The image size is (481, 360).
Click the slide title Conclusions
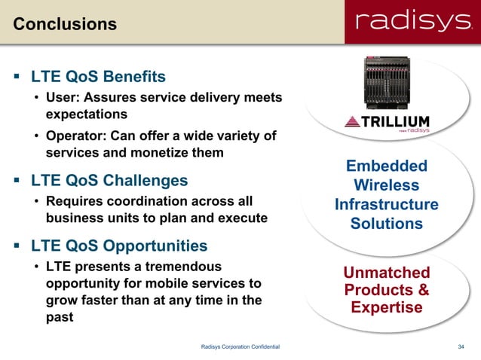[65, 24]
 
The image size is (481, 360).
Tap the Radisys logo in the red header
[409, 23]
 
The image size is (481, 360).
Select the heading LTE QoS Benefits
[98, 77]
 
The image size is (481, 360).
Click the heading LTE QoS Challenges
[109, 181]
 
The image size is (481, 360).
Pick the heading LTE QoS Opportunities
[118, 246]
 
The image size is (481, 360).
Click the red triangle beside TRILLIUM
[352, 122]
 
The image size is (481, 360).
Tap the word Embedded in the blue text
[387, 166]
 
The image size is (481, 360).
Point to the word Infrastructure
[387, 205]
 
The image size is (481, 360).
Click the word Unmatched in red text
[387, 273]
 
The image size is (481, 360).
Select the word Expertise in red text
[387, 307]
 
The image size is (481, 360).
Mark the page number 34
[461, 346]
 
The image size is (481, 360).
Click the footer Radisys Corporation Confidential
[240, 346]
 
